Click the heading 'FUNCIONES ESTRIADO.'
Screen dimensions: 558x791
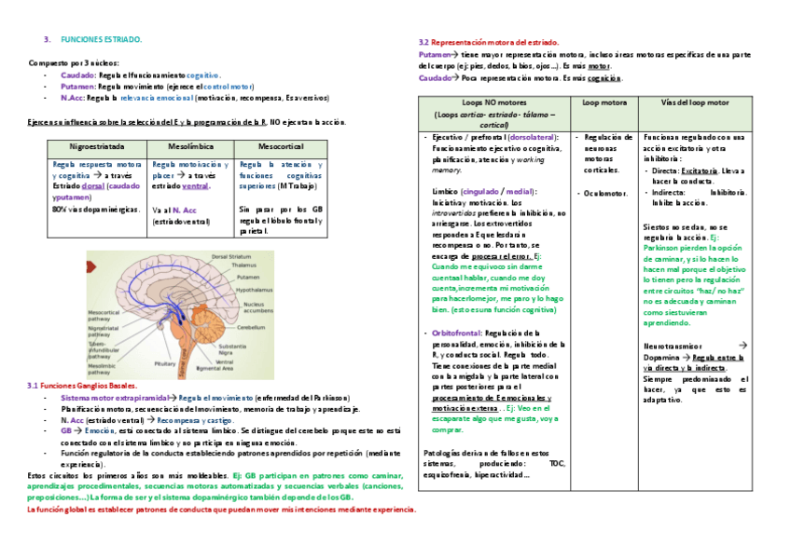101,40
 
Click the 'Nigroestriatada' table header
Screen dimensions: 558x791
99,147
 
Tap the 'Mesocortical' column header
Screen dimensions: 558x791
278,147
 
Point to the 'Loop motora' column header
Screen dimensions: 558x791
604,102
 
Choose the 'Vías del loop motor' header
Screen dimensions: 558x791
694,102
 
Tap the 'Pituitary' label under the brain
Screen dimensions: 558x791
165,363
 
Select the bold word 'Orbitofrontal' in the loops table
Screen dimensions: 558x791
456,333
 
